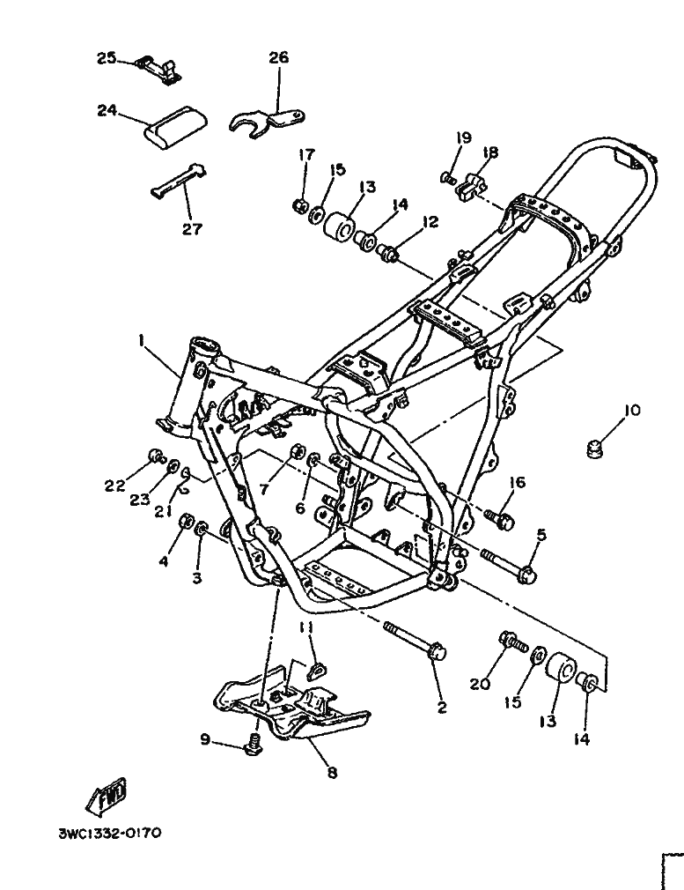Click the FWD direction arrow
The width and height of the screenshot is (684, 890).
tap(107, 796)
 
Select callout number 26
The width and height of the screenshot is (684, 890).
tap(278, 58)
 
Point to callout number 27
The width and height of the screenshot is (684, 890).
tap(192, 229)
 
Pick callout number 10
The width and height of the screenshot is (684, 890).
tap(632, 411)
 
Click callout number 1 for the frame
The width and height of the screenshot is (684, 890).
tap(141, 339)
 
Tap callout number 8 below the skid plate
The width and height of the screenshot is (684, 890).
tap(332, 773)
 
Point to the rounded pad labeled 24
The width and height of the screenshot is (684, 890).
tap(173, 128)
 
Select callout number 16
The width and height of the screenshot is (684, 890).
tap(516, 483)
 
